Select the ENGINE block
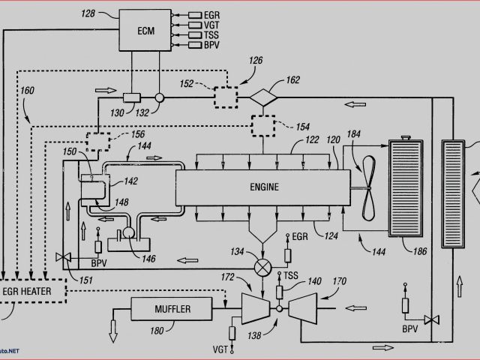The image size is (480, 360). [x=262, y=187]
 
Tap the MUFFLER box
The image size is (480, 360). [x=173, y=309]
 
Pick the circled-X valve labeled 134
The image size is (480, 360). [x=262, y=266]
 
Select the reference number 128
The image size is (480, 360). [x=88, y=13]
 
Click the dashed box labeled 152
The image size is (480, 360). [x=226, y=97]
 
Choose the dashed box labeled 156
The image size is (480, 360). [x=97, y=140]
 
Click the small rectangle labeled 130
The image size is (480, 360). [x=132, y=97]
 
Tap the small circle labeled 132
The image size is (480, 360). [x=159, y=97]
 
